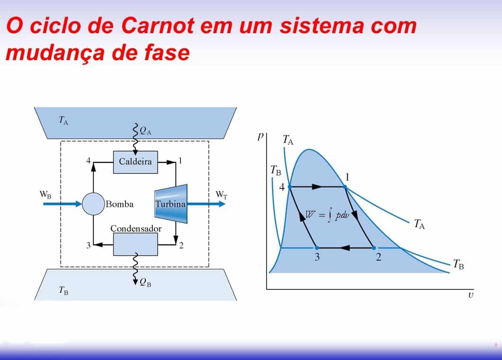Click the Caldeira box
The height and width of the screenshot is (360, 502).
(135, 162)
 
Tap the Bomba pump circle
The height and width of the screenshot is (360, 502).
(93, 204)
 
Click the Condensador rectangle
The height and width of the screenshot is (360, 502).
(135, 244)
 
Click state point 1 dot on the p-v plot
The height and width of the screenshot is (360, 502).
(345, 188)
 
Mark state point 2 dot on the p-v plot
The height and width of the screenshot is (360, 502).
(374, 248)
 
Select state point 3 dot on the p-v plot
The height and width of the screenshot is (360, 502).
(317, 248)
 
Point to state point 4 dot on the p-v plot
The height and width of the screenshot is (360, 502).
(289, 187)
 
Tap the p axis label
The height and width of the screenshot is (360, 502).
(260, 136)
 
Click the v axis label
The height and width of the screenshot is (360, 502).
(470, 296)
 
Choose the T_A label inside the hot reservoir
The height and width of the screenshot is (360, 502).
(63, 120)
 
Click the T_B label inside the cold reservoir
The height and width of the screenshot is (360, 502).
(63, 291)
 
